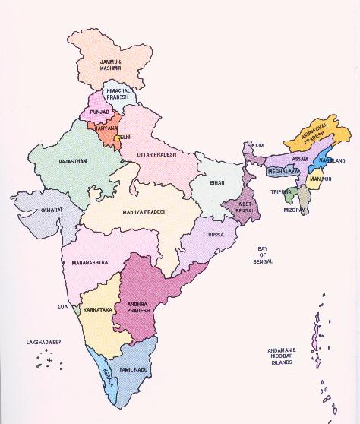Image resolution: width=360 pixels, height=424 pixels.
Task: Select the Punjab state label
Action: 100,112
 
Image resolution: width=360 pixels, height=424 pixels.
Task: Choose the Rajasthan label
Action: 73,161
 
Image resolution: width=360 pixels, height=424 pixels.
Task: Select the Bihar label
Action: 218,183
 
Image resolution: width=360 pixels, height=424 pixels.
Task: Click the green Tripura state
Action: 289,195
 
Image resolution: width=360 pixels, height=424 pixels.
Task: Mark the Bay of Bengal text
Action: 263,255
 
